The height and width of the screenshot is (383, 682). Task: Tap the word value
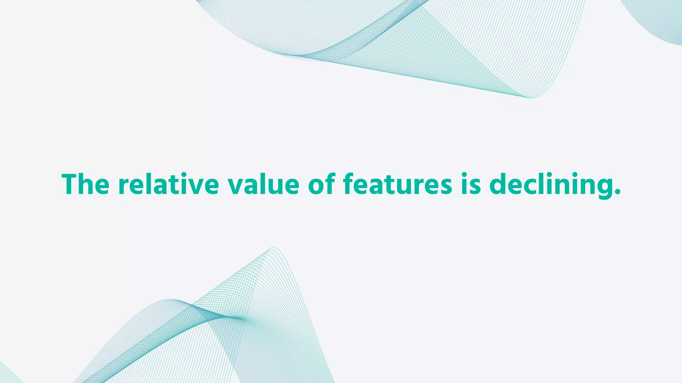(263, 185)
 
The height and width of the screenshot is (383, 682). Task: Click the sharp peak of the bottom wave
(274, 248)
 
